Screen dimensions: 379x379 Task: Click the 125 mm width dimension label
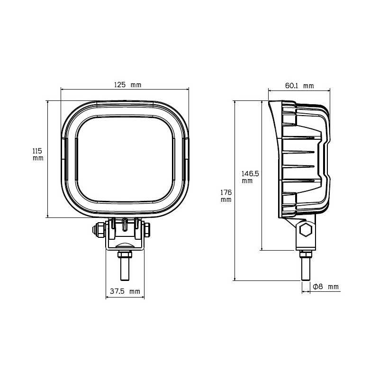[x=127, y=85]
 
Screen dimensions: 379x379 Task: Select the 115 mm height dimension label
[x=38, y=154]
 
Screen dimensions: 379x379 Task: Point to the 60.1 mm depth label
[x=299, y=86]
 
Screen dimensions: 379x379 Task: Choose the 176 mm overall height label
[x=226, y=196]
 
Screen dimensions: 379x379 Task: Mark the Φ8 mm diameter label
[x=326, y=287]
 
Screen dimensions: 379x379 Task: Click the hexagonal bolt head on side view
[x=305, y=231]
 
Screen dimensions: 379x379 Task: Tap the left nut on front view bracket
[x=99, y=230]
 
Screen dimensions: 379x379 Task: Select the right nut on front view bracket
[x=146, y=230]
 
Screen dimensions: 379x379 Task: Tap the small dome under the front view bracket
[x=125, y=245]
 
